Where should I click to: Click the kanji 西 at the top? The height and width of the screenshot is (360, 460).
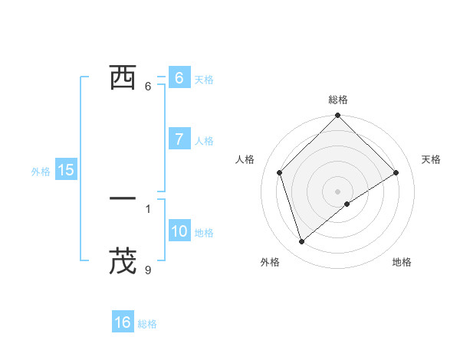pyautogui.click(x=123, y=77)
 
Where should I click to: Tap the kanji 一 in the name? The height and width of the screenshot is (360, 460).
pyautogui.click(x=123, y=198)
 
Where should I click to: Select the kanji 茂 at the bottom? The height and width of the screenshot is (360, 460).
pyautogui.click(x=123, y=260)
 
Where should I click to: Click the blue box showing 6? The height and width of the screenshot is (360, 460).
pyautogui.click(x=179, y=77)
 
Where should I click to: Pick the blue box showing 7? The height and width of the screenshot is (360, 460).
pyautogui.click(x=179, y=139)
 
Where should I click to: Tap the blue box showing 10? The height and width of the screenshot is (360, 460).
pyautogui.click(x=179, y=231)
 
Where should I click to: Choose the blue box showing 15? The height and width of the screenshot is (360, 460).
pyautogui.click(x=65, y=170)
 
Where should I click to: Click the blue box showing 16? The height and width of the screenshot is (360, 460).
pyautogui.click(x=123, y=322)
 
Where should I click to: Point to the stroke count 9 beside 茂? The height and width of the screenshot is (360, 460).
pyautogui.click(x=148, y=270)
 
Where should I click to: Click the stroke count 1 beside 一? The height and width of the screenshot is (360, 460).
pyautogui.click(x=148, y=208)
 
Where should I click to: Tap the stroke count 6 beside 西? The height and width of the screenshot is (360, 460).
pyautogui.click(x=148, y=86)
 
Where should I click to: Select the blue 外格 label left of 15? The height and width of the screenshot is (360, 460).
pyautogui.click(x=41, y=172)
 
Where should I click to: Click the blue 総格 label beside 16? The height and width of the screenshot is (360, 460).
pyautogui.click(x=147, y=324)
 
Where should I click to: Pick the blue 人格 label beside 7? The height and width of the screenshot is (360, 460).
pyautogui.click(x=204, y=141)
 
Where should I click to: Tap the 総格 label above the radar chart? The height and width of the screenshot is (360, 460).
pyautogui.click(x=338, y=100)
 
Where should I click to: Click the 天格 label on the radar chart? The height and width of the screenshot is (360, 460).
pyautogui.click(x=432, y=159)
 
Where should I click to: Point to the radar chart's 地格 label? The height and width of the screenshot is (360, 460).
pyautogui.click(x=402, y=262)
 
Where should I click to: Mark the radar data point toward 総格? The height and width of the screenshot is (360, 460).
pyautogui.click(x=338, y=116)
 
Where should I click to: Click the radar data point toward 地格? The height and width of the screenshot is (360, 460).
pyautogui.click(x=347, y=204)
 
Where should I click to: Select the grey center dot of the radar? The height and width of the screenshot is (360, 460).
pyautogui.click(x=338, y=191)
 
